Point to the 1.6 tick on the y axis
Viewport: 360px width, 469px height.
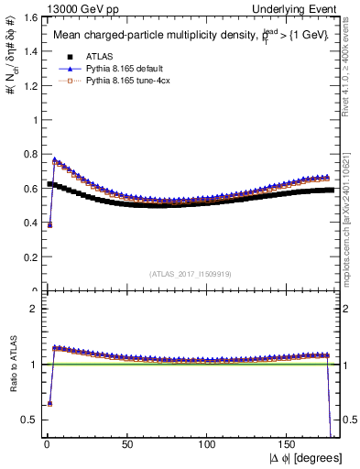click(27, 17)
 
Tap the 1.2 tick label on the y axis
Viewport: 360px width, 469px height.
click(27, 86)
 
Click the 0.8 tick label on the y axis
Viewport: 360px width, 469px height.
click(27, 155)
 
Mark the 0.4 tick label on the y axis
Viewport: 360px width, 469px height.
click(27, 224)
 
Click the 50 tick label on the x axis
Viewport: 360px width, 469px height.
click(126, 445)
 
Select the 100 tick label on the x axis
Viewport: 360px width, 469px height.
click(208, 445)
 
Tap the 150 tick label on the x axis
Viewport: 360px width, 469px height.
click(289, 445)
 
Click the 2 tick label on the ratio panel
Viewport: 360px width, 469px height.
click(31, 309)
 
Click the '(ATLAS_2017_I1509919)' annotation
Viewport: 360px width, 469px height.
click(191, 273)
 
